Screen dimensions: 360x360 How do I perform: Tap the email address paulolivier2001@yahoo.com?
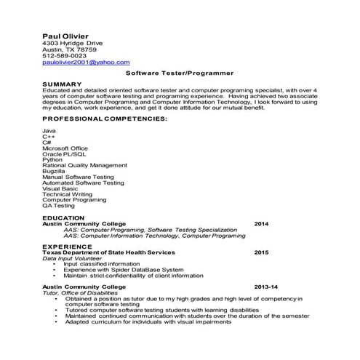[86, 63]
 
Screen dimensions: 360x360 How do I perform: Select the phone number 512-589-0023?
[65, 55]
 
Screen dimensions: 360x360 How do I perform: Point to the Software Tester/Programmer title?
[180, 73]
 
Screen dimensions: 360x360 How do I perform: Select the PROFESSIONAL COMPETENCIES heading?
[105, 118]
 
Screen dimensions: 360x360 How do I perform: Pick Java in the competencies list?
[49, 131]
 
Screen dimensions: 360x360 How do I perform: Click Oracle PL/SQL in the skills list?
[64, 154]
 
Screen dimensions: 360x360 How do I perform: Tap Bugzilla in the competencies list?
[55, 170]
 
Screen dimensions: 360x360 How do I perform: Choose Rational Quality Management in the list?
[84, 165]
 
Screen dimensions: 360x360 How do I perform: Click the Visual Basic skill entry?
[60, 189]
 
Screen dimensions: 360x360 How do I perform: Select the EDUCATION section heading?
[63, 217]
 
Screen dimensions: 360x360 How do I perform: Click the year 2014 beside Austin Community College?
[261, 223]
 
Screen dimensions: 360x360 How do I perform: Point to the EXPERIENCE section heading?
[66, 246]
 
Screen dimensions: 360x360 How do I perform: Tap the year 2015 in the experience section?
[261, 252]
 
